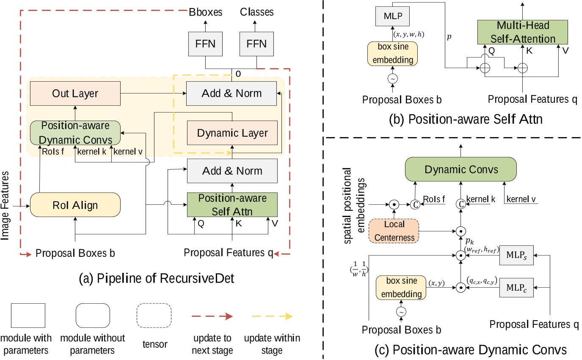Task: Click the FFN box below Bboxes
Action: [x=206, y=44]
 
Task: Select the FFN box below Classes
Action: [x=257, y=44]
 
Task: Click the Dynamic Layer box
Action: [x=232, y=133]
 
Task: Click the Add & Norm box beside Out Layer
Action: [x=232, y=93]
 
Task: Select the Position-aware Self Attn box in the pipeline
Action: [x=232, y=205]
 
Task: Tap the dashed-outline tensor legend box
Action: [x=154, y=316]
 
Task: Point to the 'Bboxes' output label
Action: [x=206, y=12]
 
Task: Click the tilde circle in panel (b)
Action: [x=392, y=78]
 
